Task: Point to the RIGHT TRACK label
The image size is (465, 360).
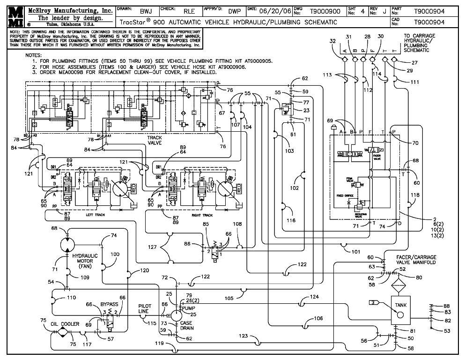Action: pyautogui.click(x=203, y=215)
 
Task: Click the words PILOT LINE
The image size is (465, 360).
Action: pyautogui.click(x=145, y=308)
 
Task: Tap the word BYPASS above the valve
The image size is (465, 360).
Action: pyautogui.click(x=109, y=304)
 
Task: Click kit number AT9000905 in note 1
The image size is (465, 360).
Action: pyautogui.click(x=255, y=61)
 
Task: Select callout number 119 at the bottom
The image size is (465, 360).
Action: pyautogui.click(x=159, y=343)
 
